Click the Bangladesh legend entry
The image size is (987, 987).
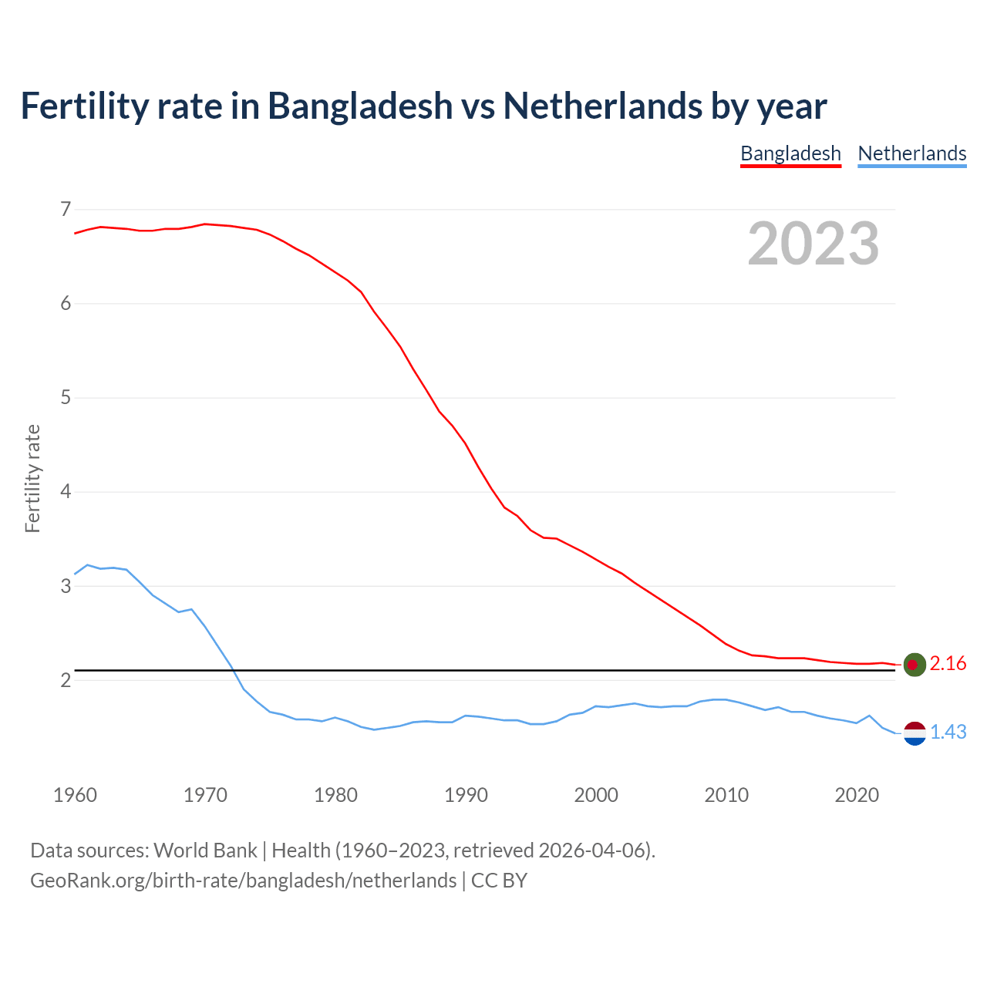[790, 153]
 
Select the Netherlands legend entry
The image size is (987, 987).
[912, 153]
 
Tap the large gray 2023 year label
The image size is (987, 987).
[814, 244]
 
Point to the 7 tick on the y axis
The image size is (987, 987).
[66, 209]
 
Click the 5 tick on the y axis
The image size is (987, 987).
[66, 398]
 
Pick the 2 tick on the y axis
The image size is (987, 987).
[66, 680]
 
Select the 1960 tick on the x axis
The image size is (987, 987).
[75, 795]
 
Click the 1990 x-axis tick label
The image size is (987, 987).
[466, 795]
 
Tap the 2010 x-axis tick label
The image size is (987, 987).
[726, 795]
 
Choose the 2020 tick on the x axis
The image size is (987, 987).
[857, 795]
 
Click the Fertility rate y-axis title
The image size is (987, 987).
[32, 478]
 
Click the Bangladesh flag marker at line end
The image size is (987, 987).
[915, 664]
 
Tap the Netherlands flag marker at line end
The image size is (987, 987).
[915, 733]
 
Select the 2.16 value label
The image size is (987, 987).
[948, 664]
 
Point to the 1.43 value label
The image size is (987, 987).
[948, 733]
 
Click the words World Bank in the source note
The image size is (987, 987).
[205, 851]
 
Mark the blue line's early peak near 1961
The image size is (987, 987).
[87, 565]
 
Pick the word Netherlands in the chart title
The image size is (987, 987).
[602, 106]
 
